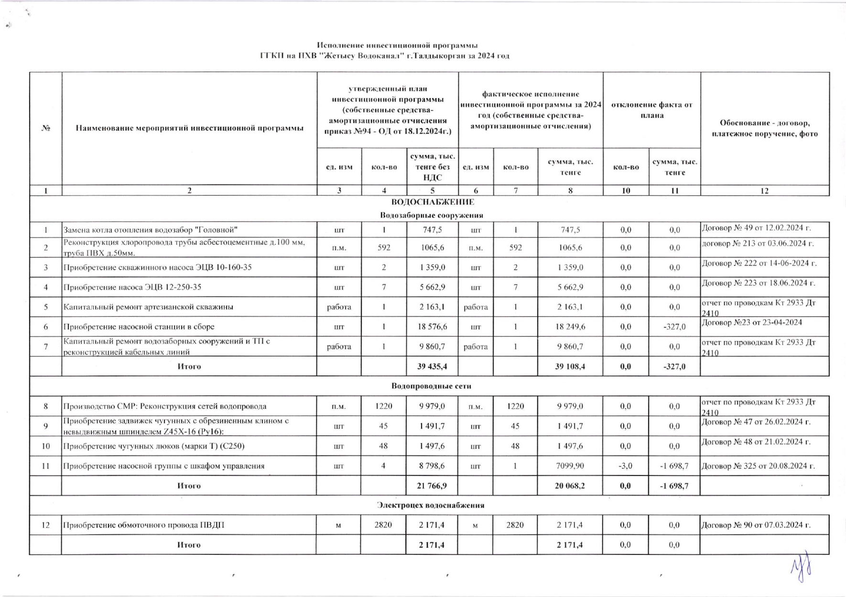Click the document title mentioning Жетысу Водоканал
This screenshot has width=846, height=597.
[x=385, y=55]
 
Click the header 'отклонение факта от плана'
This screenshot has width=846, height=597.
[x=651, y=110]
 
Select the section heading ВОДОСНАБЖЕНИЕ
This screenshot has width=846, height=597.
[x=432, y=202]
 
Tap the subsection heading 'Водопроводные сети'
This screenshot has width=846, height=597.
[x=431, y=386]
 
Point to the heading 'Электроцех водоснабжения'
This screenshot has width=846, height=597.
[x=430, y=505]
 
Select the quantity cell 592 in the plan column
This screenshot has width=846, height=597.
[x=384, y=248]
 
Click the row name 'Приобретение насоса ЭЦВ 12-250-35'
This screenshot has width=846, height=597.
[x=132, y=287]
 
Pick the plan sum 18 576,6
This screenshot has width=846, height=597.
[x=432, y=327]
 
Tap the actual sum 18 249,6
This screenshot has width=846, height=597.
[x=570, y=327]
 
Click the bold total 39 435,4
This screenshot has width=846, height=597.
[x=432, y=366]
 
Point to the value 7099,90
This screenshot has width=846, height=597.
[x=570, y=466]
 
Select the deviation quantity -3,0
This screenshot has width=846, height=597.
[x=626, y=466]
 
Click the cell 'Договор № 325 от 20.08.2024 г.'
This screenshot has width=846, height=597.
[x=758, y=466]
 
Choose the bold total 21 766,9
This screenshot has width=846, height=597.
[x=432, y=486]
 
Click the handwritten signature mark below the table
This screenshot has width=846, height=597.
[x=801, y=567]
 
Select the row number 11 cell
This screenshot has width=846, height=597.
[x=46, y=466]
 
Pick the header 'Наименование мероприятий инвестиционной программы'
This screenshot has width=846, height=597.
[x=189, y=128]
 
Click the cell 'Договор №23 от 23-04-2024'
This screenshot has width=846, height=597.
[x=752, y=322]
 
